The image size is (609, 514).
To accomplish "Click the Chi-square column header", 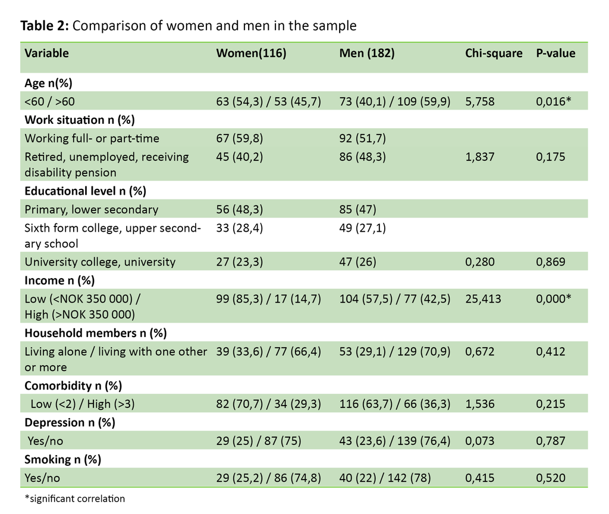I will point(494,53).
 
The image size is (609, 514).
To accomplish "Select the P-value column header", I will point(555,53).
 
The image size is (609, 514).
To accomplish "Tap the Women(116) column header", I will point(251,53).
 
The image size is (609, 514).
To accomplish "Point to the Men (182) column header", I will point(367,53).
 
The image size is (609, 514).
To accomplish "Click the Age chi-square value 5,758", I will point(481,101).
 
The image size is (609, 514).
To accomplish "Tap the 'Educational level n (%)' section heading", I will point(85,191).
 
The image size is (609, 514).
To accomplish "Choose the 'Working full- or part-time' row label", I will point(92,138).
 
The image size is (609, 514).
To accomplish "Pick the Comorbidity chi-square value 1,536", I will point(481,404).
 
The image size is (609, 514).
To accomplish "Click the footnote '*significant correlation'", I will point(74,499).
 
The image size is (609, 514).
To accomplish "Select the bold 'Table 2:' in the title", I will point(45,26).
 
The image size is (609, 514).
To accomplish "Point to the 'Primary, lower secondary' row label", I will point(91,209).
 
